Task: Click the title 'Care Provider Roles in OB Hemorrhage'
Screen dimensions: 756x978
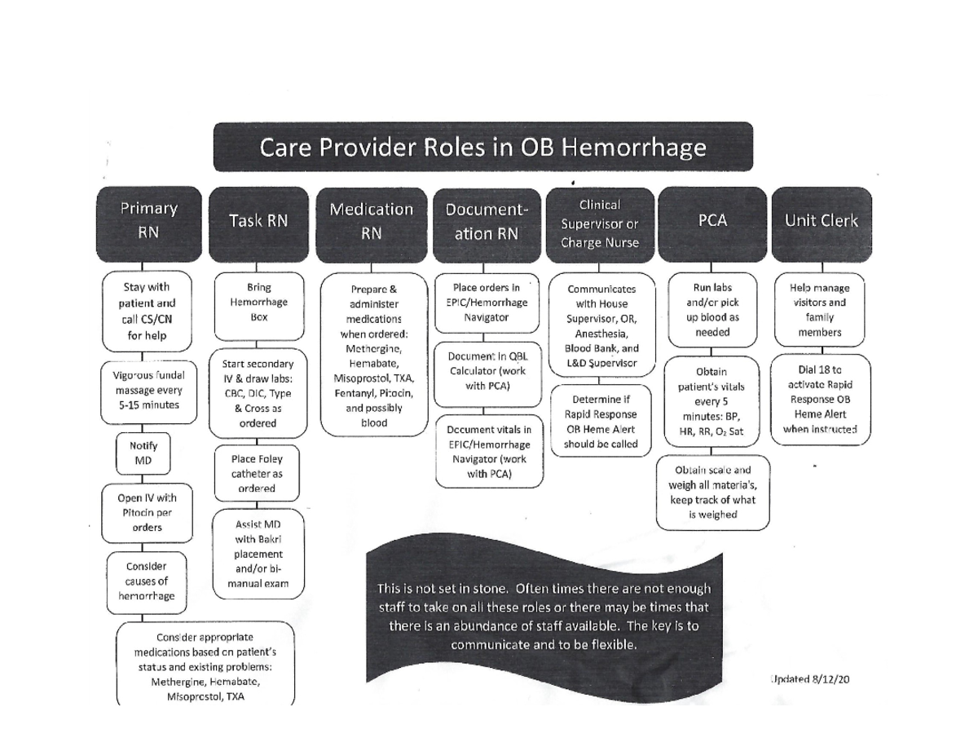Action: point(482,148)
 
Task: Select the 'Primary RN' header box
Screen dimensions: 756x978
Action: point(148,220)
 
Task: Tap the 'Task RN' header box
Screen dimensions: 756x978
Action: point(258,221)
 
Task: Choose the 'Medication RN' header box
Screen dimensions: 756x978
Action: point(371,221)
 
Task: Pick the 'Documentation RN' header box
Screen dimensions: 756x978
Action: point(486,222)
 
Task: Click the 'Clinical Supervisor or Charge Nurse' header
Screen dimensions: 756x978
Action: point(599,223)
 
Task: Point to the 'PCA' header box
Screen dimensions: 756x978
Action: point(711,221)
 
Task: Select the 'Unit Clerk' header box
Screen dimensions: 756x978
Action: point(821,221)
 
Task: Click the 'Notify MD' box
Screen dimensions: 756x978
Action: point(143,453)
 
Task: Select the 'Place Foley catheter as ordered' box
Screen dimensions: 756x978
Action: point(257,474)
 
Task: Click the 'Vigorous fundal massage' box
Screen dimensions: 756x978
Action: point(148,390)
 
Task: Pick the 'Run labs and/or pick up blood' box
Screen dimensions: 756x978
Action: point(712,310)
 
